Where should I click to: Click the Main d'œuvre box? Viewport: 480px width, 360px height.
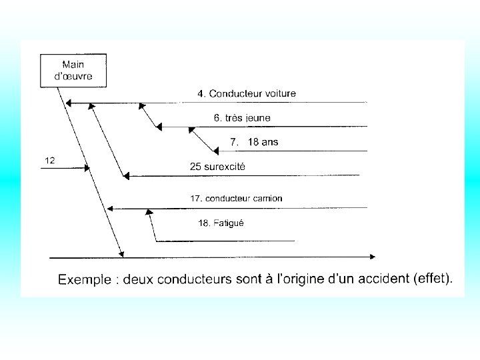click(x=73, y=70)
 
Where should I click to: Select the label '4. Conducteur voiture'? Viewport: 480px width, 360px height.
click(x=246, y=93)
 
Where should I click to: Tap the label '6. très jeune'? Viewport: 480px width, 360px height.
click(x=242, y=117)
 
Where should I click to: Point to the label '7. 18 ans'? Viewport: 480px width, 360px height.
click(x=254, y=141)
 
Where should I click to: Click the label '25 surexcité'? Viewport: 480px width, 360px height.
click(x=217, y=167)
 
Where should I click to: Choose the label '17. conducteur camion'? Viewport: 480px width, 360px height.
click(x=236, y=198)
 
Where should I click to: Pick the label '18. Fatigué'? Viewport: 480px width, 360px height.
click(x=221, y=223)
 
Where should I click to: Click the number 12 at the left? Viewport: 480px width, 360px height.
click(x=49, y=160)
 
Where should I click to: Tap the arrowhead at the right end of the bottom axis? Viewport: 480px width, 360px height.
click(x=372, y=256)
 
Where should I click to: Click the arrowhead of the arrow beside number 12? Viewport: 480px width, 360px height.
click(x=86, y=168)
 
